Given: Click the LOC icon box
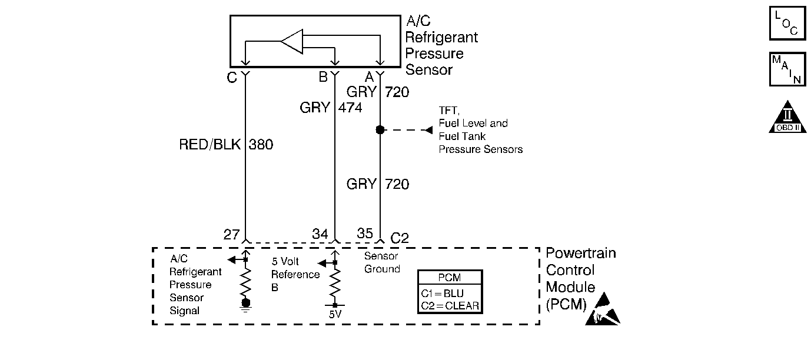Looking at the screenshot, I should [x=787, y=22].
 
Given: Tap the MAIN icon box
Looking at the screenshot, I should [x=787, y=69].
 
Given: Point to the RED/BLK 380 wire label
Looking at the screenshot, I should [x=226, y=145].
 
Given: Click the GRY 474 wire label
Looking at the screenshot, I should [x=330, y=108].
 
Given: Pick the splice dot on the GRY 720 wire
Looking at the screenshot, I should [x=380, y=130].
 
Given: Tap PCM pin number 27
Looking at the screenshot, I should [x=231, y=235].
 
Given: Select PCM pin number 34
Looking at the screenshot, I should [x=320, y=235].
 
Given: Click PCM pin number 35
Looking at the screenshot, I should [x=365, y=234].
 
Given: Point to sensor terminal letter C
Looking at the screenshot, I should [x=232, y=77].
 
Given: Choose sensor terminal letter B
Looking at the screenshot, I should [x=323, y=77].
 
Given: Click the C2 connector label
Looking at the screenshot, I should [x=400, y=238].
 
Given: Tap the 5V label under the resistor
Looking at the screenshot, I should [x=334, y=314].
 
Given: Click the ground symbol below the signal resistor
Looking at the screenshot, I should [x=246, y=304].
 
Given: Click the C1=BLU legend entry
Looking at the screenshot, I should [x=450, y=292].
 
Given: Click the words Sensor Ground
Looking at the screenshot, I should [x=382, y=262].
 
